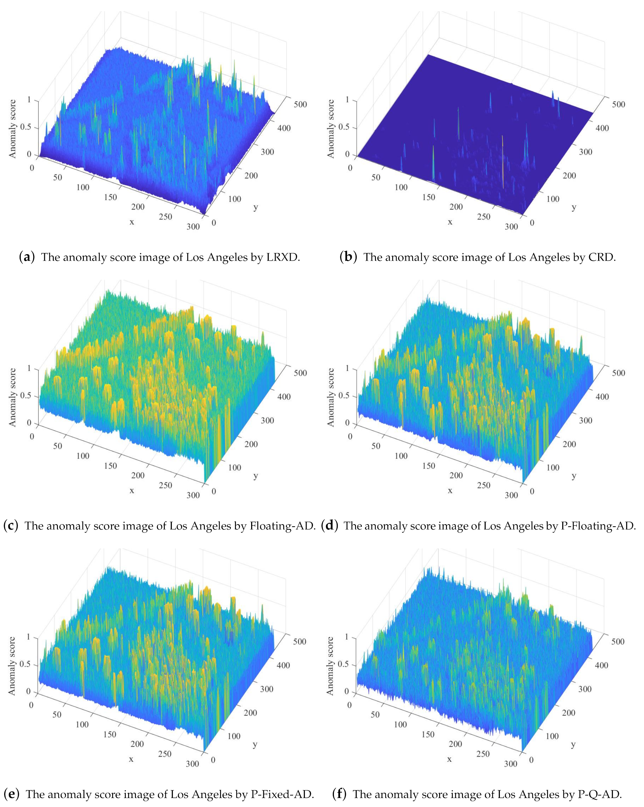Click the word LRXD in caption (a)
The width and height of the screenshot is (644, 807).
pos(283,257)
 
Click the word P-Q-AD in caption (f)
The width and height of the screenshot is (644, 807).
pos(600,794)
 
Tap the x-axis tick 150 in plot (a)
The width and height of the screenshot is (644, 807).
pos(110,197)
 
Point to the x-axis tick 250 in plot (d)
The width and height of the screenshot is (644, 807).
pos(484,485)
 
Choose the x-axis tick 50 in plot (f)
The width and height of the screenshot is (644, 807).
pos(375,714)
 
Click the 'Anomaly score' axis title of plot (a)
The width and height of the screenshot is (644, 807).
pos(13,128)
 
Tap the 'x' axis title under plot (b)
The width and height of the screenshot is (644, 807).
pos(450,222)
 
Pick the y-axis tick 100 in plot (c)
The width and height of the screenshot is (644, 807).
pos(235,467)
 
